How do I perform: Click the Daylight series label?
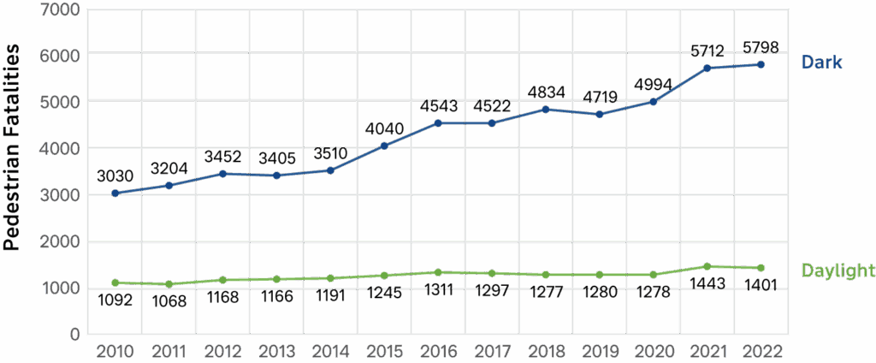tap(837, 271)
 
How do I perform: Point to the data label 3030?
tap(115, 176)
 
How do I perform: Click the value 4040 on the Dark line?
tap(384, 128)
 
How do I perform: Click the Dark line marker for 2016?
tap(438, 123)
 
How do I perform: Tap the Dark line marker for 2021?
tap(707, 68)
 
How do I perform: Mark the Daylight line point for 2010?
tap(115, 283)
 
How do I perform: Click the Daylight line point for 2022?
tap(761, 267)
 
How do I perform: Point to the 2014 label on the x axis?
tap(330, 350)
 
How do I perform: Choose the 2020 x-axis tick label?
tap(654, 350)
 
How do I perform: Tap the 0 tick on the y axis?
tap(74, 335)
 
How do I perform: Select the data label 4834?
tap(546, 92)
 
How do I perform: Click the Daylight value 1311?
tap(438, 289)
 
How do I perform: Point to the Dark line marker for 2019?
tap(600, 114)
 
